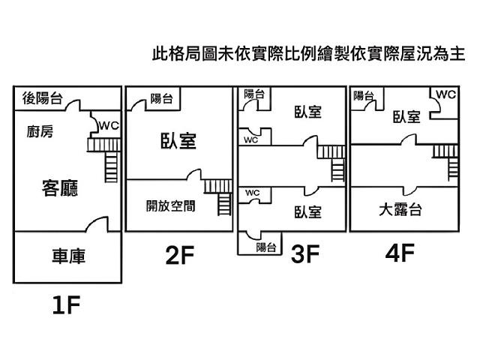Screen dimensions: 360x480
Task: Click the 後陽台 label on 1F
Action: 42,97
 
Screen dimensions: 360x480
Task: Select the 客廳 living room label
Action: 59,187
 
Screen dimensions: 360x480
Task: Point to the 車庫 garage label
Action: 67,256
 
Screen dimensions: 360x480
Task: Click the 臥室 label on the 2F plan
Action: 178,141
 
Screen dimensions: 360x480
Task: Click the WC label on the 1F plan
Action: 108,125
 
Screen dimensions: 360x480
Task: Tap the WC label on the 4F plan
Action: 445,94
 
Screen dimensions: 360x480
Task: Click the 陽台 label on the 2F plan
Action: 161,97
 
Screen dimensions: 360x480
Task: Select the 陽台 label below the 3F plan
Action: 265,247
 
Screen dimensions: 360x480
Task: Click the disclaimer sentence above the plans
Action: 307,54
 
